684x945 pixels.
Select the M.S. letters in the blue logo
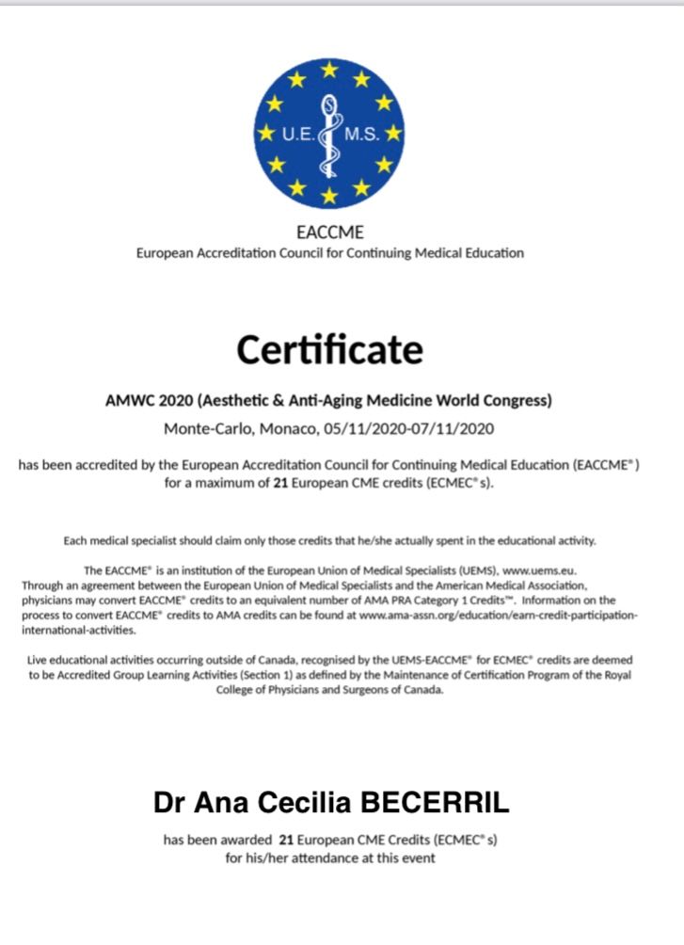coord(362,134)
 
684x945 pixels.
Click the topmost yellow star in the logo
coord(329,69)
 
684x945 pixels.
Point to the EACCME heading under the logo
coord(329,232)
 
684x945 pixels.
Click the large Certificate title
coord(329,350)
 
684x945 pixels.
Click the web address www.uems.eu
coord(543,569)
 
